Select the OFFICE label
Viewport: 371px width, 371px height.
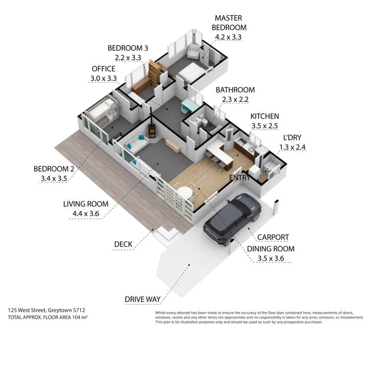(103, 69)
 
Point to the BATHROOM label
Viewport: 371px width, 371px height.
(235, 90)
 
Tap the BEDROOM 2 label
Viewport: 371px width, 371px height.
(54, 168)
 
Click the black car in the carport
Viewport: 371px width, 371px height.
(232, 218)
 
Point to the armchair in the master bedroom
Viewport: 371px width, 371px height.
(194, 49)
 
